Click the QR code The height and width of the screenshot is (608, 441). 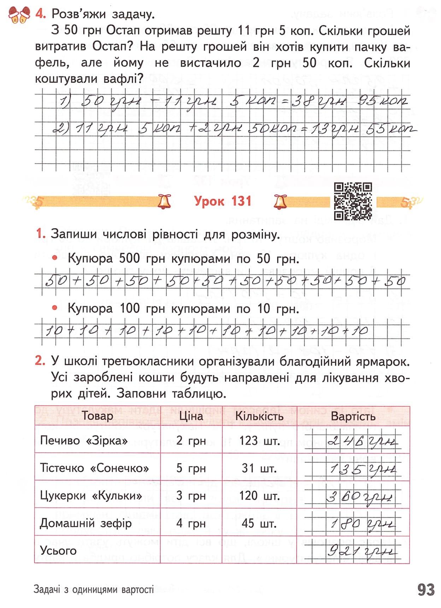[x=353, y=201]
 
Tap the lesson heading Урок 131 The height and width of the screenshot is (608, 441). [x=223, y=201]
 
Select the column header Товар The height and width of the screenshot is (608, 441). [x=97, y=416]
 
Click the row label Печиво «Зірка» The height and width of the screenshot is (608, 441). [x=84, y=440]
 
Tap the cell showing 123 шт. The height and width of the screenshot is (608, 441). [x=259, y=441]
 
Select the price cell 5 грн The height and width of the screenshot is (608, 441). [x=191, y=468]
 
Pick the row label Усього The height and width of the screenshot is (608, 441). [x=58, y=550]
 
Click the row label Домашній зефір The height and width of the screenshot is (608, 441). [x=86, y=523]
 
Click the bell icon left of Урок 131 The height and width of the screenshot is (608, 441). [x=164, y=202]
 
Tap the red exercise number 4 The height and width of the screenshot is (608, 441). [x=41, y=14]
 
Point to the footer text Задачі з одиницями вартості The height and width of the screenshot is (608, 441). [x=94, y=589]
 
